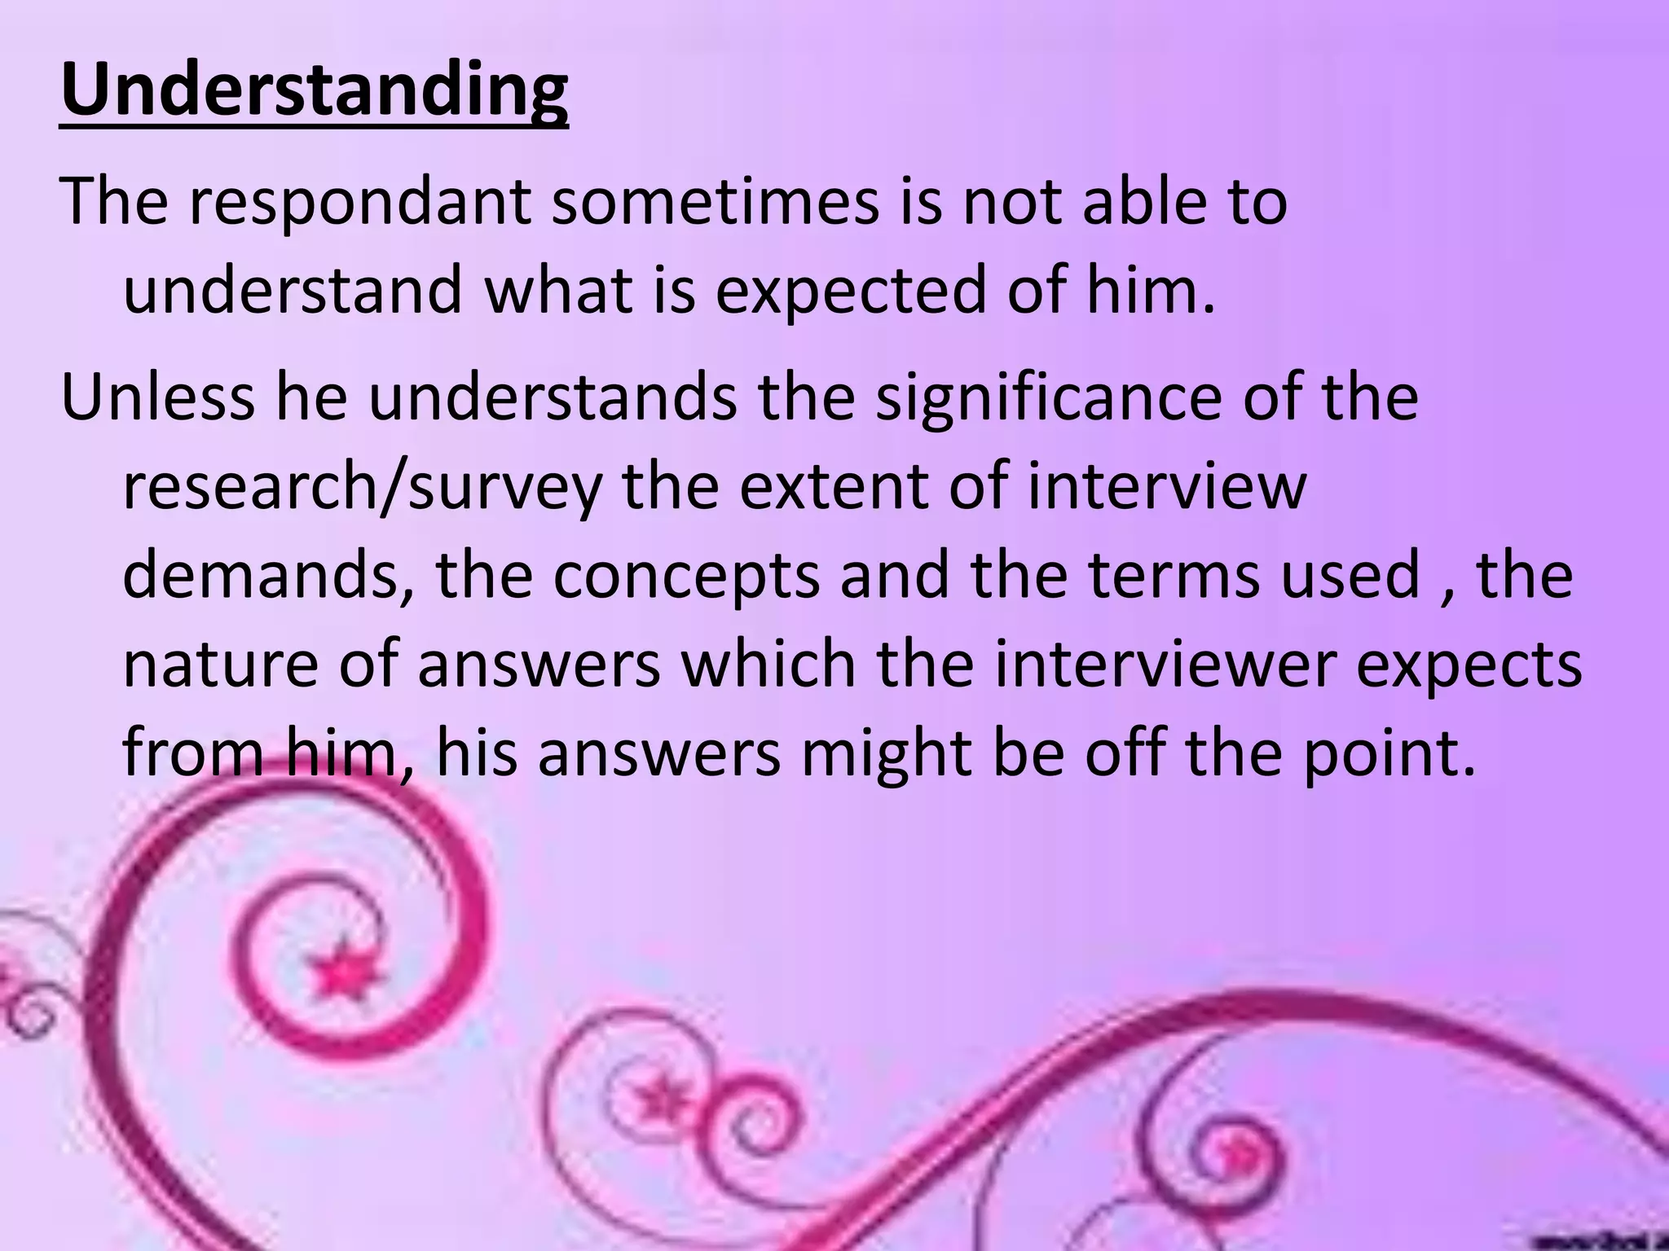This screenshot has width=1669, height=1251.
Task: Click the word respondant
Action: pyautogui.click(x=361, y=201)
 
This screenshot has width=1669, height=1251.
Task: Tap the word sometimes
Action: pyautogui.click(x=716, y=201)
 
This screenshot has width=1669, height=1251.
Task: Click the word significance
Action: pyautogui.click(x=1049, y=397)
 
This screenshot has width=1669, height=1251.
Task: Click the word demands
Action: pyautogui.click(x=268, y=576)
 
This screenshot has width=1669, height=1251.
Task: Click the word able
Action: pyautogui.click(x=1145, y=201)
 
